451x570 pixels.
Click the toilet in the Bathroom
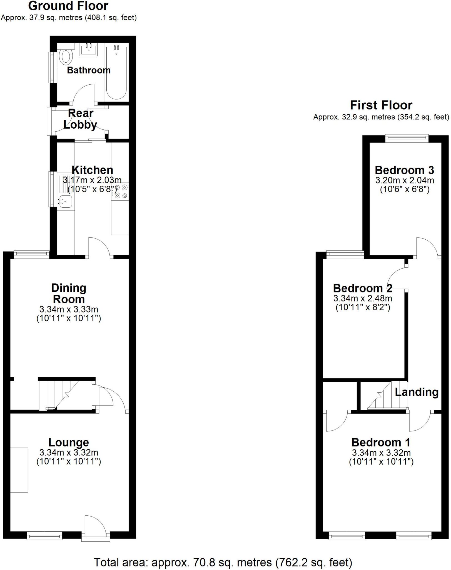pos(66,56)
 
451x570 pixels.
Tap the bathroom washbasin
pos(89,50)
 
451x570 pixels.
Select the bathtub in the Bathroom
pos(116,73)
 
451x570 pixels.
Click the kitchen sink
pos(65,201)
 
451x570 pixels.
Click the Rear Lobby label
pos(80,119)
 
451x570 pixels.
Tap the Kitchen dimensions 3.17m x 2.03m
pos(92,180)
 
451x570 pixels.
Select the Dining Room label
pos(69,294)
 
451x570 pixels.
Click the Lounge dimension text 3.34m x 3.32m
pos(69,453)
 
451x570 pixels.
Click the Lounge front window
pos(44,535)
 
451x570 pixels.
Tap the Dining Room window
pos(31,254)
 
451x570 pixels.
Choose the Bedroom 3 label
pos(404,170)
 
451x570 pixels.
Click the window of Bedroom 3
pos(407,138)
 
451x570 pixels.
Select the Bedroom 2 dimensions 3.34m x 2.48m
pos(363,299)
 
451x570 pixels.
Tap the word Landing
pos(417,392)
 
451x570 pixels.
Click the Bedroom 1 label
pos(381,442)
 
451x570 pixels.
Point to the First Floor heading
pos(381,105)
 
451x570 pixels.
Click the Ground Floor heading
pos(68,6)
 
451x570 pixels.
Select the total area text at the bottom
pos(223,562)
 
